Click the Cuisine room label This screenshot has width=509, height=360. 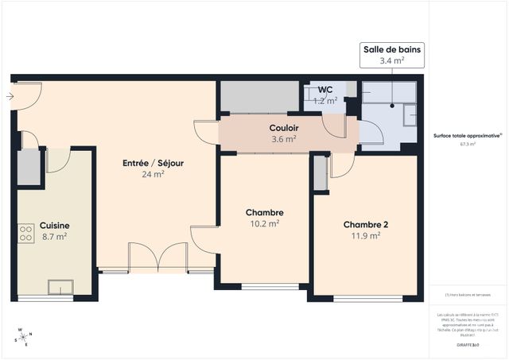click(53, 226)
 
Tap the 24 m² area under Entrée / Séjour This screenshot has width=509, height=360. click(153, 175)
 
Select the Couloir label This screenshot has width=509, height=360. click(283, 128)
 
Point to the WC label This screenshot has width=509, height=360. click(325, 89)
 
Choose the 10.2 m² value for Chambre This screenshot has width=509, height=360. click(265, 224)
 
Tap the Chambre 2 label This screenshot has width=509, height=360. click(366, 224)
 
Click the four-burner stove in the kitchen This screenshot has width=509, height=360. click(25, 233)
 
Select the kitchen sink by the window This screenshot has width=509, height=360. click(59, 287)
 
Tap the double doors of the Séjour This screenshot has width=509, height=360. click(159, 257)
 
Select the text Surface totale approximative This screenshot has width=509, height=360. click(467, 136)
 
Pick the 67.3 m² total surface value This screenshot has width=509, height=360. click(467, 145)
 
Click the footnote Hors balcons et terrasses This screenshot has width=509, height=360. click(467, 295)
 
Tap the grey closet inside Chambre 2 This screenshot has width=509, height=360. click(321, 173)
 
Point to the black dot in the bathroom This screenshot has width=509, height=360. click(393, 105)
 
